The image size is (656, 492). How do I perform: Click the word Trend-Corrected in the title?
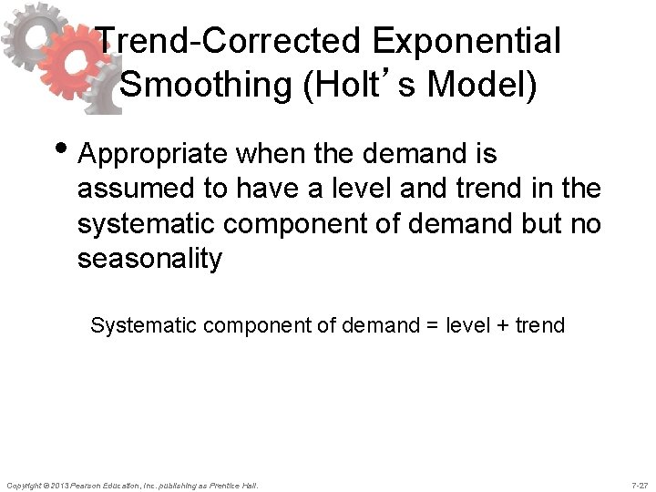(217, 41)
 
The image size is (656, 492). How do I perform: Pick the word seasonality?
(149, 259)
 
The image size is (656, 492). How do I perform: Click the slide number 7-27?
(640, 484)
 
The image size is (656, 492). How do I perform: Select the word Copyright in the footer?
(25, 484)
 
